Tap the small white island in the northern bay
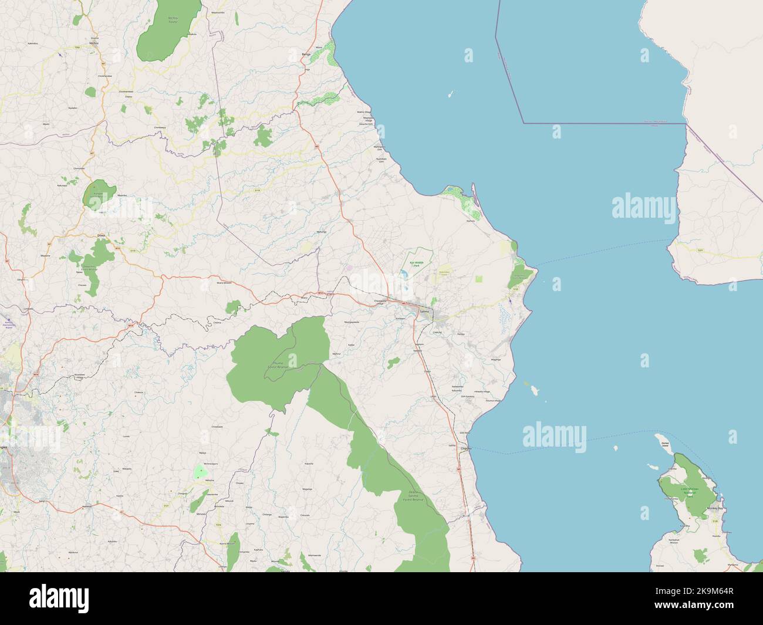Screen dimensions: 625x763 pos(450,94)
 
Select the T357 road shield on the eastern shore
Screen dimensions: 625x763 pos(700,251)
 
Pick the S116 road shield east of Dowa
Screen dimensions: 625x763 pos(256,190)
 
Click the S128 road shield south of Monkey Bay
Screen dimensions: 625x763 pos(714,521)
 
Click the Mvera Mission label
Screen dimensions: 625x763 pos(225,282)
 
